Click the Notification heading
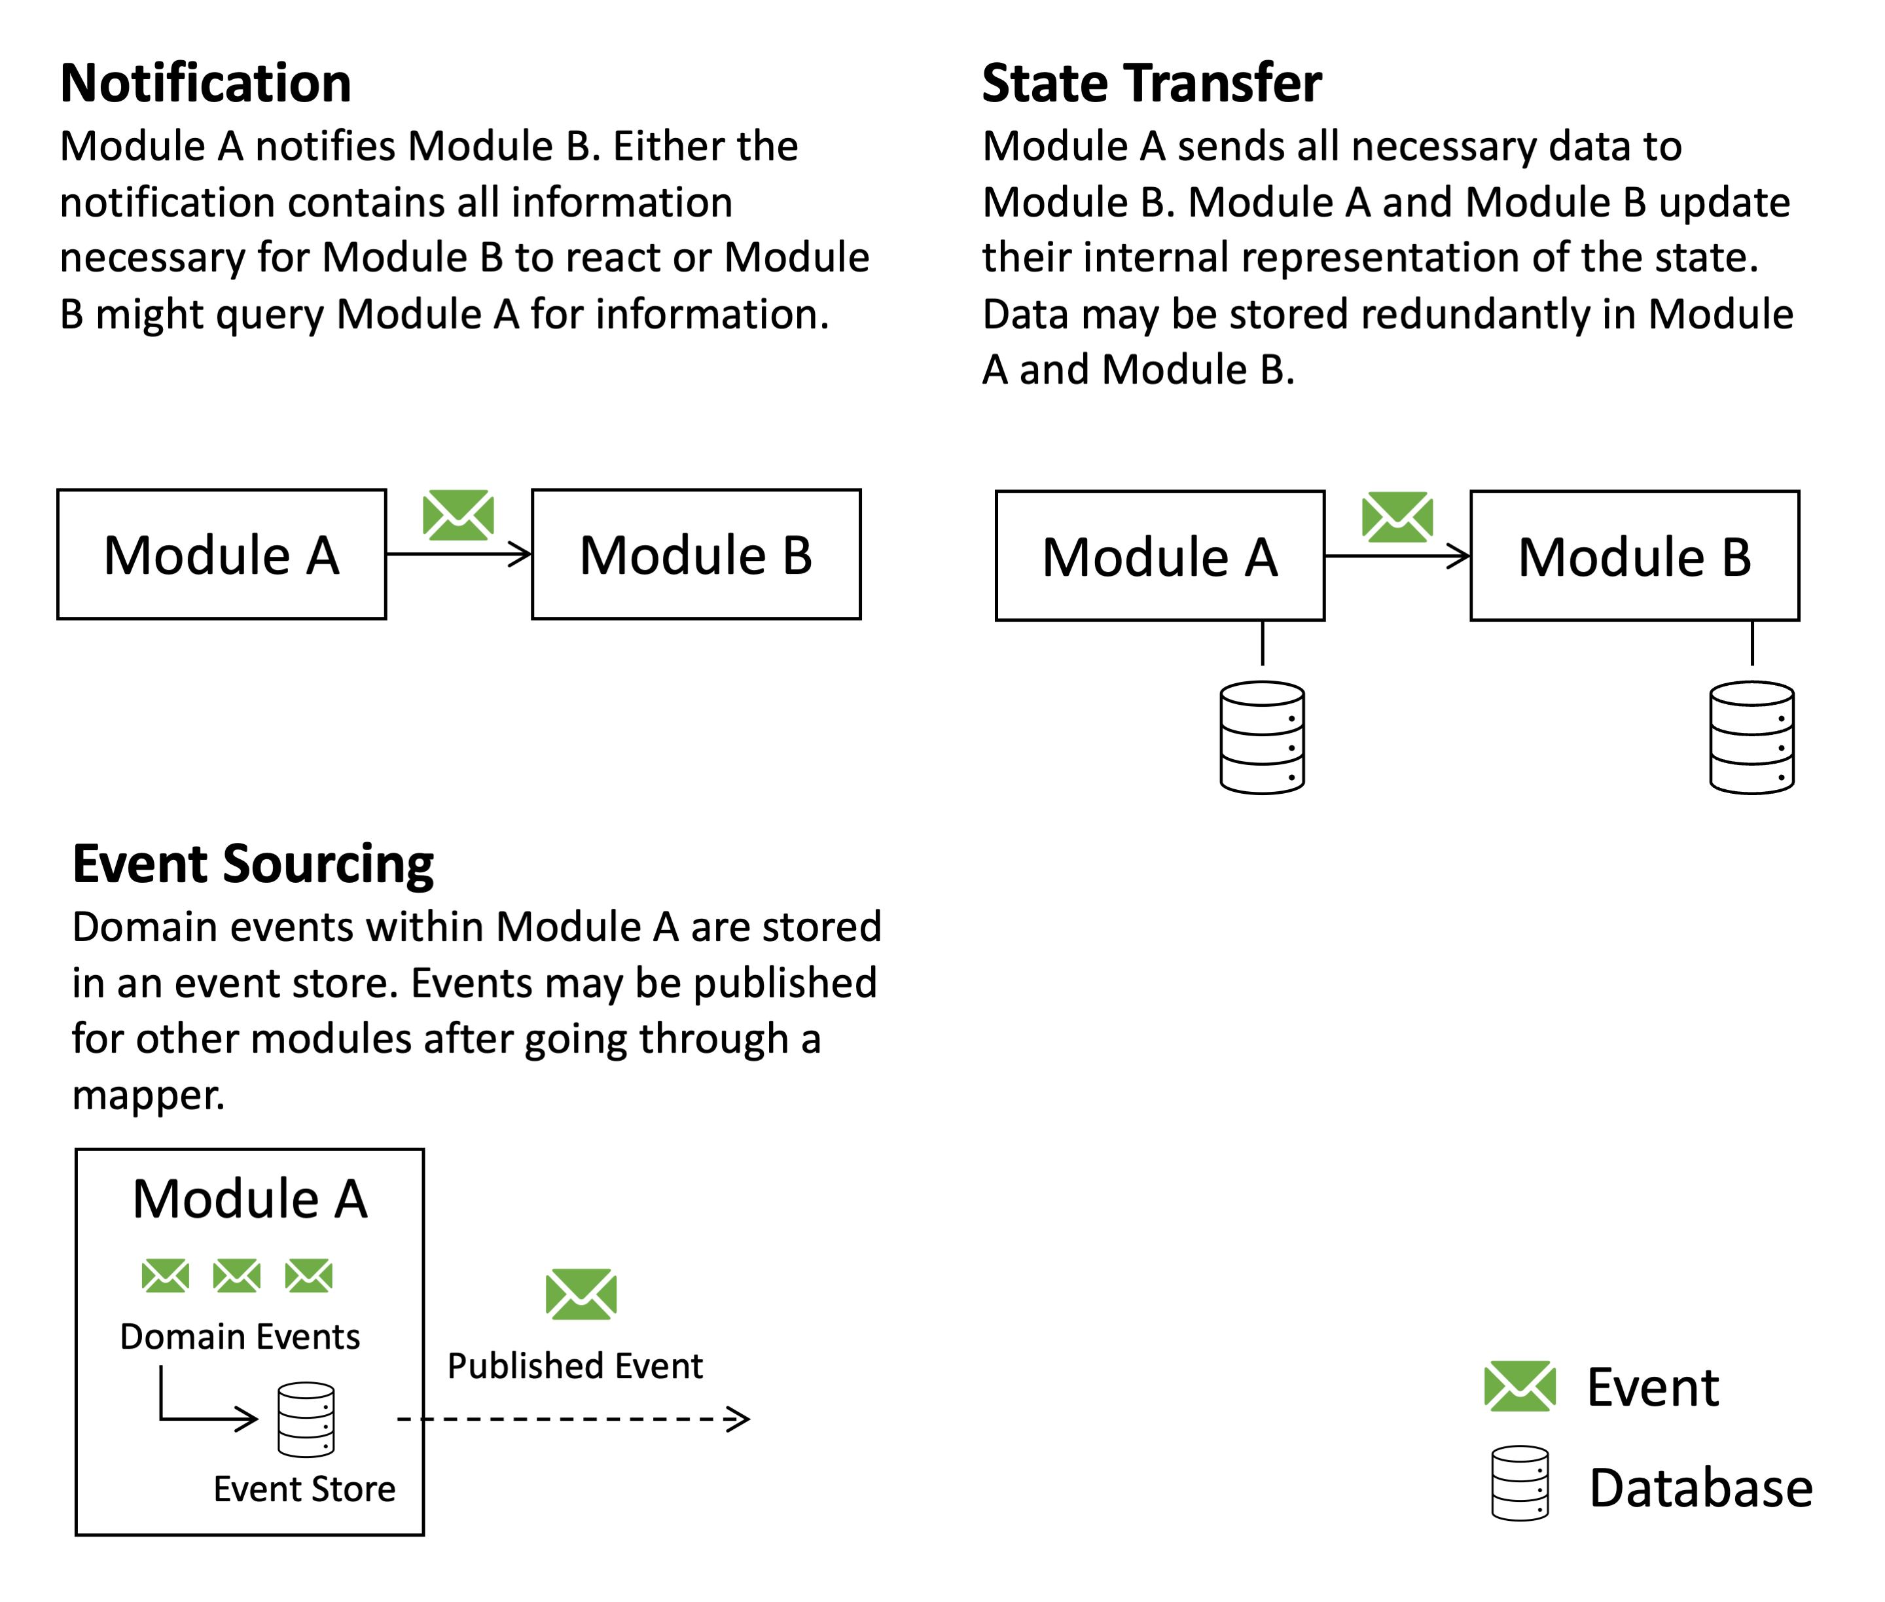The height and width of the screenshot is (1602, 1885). coord(206,84)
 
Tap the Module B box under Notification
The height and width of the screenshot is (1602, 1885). coord(695,555)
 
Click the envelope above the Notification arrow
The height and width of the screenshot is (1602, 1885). coord(458,515)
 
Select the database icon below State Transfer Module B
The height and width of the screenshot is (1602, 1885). coord(1751,738)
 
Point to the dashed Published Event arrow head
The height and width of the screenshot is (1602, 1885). coord(740,1419)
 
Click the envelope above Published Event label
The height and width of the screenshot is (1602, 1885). coord(581,1294)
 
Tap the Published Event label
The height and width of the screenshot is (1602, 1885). coord(574,1366)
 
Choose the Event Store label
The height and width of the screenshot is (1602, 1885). coord(304,1489)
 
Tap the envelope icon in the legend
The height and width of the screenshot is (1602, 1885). coord(1519,1386)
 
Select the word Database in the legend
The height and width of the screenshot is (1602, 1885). coord(1700,1489)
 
